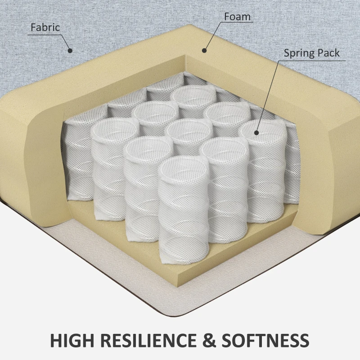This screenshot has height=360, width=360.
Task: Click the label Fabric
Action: click(x=45, y=27)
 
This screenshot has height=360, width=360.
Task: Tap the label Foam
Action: click(x=237, y=17)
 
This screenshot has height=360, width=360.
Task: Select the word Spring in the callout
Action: click(x=297, y=53)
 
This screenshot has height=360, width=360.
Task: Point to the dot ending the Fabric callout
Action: click(x=70, y=51)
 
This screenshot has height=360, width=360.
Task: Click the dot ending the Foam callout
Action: click(x=204, y=50)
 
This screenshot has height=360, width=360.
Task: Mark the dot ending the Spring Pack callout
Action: click(x=256, y=132)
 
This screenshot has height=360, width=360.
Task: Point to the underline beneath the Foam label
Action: click(x=237, y=22)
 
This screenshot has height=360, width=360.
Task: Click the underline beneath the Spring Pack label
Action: click(x=312, y=61)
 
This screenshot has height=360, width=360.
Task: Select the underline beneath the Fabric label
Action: click(x=45, y=35)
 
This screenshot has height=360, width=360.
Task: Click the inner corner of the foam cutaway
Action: click(x=185, y=55)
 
